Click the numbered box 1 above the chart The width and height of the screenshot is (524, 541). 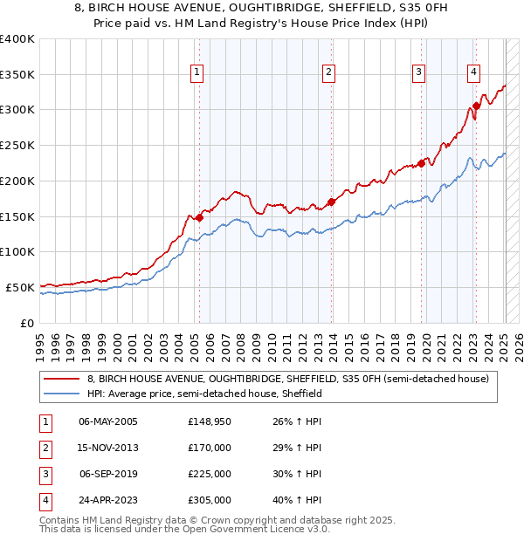tap(198, 72)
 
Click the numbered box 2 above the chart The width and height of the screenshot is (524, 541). tap(329, 72)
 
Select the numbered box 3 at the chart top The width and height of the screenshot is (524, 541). tap(419, 72)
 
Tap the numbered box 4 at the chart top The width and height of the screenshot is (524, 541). tap(473, 72)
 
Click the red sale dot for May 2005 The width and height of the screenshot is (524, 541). tap(199, 217)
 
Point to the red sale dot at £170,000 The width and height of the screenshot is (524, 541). tap(331, 202)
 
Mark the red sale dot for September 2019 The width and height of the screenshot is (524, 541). tap(421, 162)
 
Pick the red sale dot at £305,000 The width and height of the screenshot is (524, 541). tap(476, 106)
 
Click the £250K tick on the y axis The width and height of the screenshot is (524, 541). tap(18, 145)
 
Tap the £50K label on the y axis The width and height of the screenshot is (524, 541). tap(21, 287)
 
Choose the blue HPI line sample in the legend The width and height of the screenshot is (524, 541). tap(62, 394)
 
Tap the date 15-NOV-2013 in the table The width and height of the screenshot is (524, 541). tap(108, 448)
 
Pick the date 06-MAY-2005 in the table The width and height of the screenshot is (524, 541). tap(108, 421)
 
